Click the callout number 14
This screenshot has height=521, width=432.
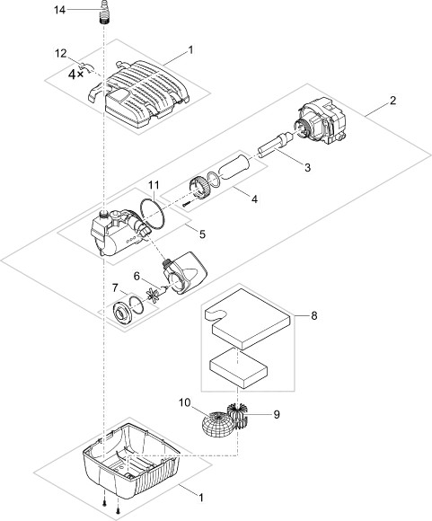pos(60,10)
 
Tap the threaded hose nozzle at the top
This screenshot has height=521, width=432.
pos(105,12)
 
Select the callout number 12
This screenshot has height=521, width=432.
pos(61,54)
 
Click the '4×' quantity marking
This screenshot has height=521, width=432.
pos(75,74)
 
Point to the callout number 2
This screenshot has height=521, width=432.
pos(393,101)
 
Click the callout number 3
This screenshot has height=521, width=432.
pos(308,167)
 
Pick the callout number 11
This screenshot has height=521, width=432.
pos(154,185)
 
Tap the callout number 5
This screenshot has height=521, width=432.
pos(202,234)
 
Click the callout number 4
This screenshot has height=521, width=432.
pos(254,199)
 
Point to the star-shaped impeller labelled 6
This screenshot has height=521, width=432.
pos(154,295)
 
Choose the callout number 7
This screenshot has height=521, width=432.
pos(115,287)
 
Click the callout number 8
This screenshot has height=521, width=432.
pos(314,315)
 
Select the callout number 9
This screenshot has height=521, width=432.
pos(277,414)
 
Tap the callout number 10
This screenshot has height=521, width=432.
pos(185,402)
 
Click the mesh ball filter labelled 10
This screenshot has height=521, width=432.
pos(216,424)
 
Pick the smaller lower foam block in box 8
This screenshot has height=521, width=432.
pos(239,369)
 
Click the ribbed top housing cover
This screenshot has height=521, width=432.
pos(138,93)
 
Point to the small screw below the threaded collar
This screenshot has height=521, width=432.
pos(187,204)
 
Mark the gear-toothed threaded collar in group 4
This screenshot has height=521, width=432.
pos(199,189)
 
